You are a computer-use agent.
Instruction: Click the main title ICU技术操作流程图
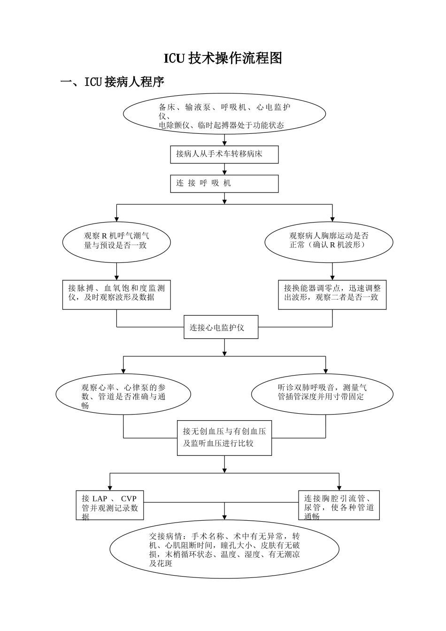point(223,58)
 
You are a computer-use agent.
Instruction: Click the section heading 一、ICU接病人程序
point(113,82)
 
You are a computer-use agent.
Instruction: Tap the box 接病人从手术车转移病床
point(224,154)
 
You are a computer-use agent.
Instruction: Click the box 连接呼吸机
point(224,184)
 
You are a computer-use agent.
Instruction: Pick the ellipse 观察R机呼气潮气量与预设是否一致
point(116,242)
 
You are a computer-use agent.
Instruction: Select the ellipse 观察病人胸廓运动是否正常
point(329,242)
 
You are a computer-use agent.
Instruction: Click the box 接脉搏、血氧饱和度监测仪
point(116,295)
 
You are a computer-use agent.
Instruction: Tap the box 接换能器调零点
point(332,295)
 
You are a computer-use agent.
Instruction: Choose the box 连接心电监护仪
point(221,328)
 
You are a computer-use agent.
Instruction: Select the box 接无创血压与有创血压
point(224,438)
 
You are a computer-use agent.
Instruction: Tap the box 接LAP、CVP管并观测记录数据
point(110,505)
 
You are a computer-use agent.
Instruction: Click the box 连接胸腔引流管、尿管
point(339,505)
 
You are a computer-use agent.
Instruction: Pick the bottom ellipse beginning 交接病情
point(224,549)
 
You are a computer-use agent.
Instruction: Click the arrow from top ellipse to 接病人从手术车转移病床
point(225,140)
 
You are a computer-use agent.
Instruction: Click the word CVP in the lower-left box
point(129,499)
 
